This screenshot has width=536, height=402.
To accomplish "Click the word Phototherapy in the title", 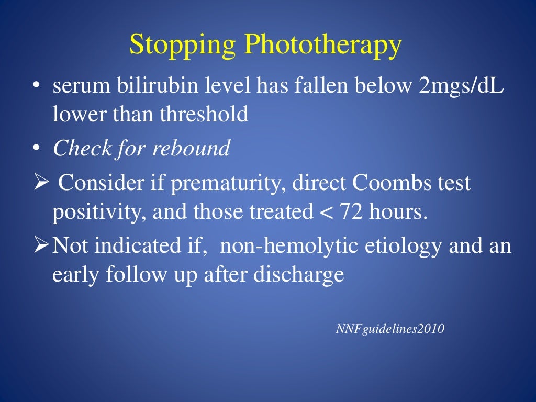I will pos(323,46).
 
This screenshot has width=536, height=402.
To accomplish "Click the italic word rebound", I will pos(192,149).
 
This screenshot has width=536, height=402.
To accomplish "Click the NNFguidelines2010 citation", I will pos(389,329).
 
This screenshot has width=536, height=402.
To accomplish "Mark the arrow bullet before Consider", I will pos(41,184).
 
